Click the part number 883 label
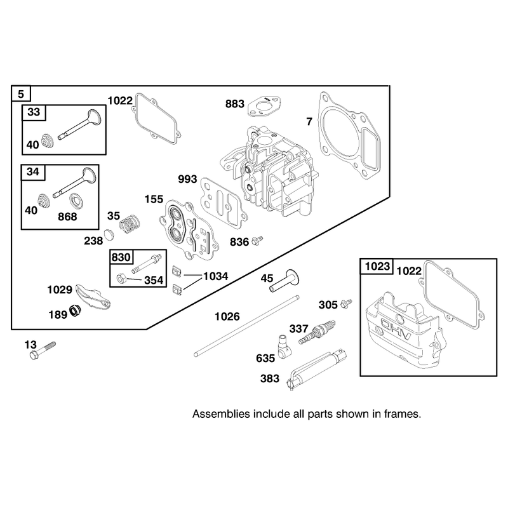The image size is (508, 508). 235,104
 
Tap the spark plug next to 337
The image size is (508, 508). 317,332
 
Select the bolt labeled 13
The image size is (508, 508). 43,351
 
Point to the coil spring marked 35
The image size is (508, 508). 130,224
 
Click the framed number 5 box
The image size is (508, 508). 21,94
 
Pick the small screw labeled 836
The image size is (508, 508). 257,241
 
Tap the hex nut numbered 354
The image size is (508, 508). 121,278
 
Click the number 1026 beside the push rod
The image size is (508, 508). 227,316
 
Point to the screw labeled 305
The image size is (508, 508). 346,304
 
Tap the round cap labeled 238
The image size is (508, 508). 109,234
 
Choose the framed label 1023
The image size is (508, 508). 377,266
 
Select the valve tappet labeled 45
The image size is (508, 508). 284,280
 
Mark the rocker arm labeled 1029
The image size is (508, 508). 93,295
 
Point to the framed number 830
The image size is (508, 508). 121,257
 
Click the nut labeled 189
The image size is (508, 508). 75,311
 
